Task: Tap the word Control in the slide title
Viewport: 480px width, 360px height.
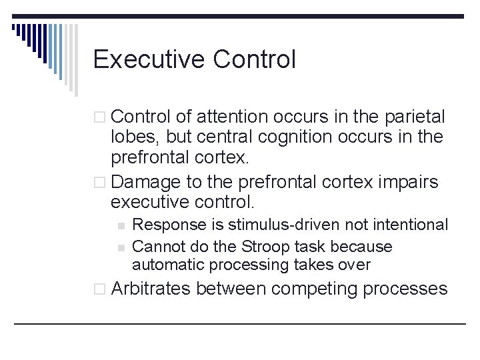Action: [255, 60]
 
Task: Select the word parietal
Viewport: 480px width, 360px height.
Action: [415, 118]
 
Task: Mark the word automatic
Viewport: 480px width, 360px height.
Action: [168, 265]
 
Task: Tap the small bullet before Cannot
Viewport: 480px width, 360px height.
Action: [120, 247]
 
